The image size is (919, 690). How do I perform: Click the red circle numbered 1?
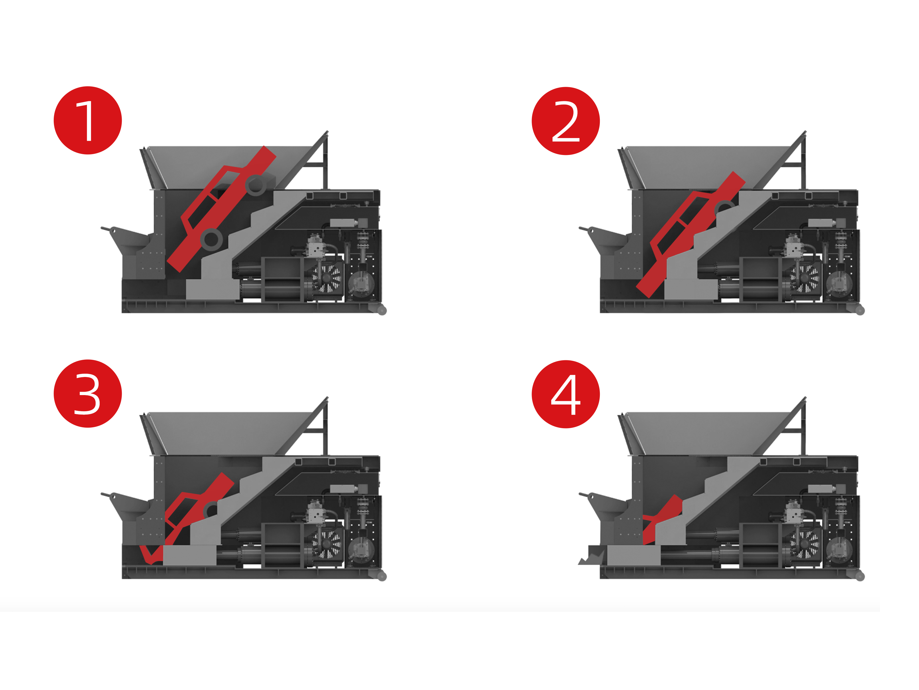88,120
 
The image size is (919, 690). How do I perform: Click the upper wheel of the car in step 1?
255,185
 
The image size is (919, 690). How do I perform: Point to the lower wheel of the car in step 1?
211,239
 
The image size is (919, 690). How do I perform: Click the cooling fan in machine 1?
328,278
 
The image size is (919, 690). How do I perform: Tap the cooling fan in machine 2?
806,278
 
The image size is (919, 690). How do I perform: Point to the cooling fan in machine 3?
328,544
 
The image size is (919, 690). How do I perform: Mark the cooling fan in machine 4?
806,544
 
